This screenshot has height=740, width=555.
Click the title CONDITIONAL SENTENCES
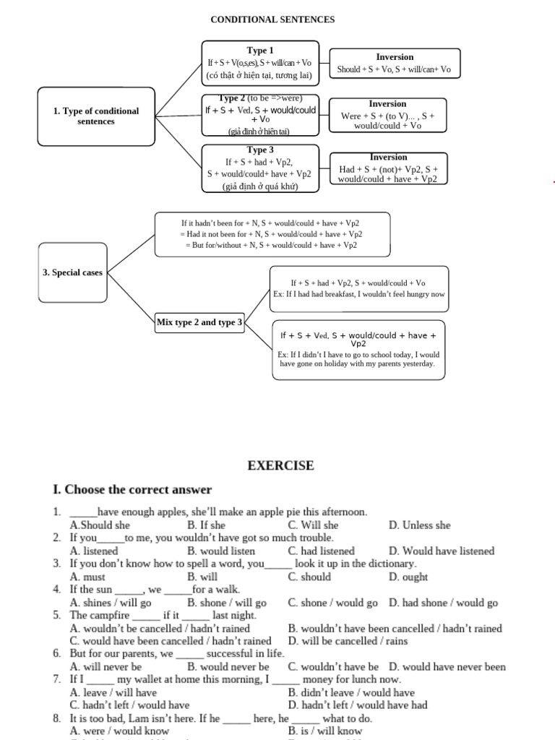tap(272, 20)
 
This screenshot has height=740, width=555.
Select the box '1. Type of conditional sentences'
tap(96, 116)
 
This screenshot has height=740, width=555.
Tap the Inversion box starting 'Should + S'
tap(394, 64)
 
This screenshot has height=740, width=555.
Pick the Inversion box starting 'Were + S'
tap(387, 115)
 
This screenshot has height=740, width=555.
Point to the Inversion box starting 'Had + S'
tap(388, 168)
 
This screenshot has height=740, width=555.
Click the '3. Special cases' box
tap(72, 272)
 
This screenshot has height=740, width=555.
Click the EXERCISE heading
tap(281, 465)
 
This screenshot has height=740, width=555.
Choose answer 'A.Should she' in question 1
tap(100, 525)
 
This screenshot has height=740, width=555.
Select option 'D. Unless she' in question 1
tap(419, 525)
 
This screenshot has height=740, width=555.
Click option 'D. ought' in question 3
tap(408, 577)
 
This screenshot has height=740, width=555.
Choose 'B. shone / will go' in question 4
tap(227, 603)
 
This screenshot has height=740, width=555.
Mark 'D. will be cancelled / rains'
tap(348, 641)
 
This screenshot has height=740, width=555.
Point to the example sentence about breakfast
tap(359, 294)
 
